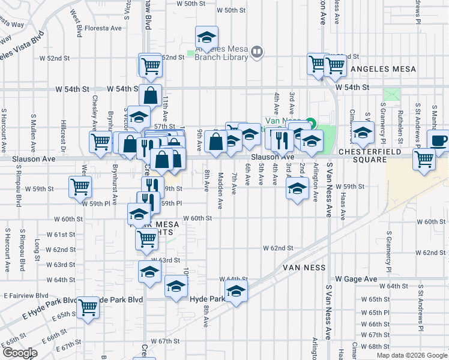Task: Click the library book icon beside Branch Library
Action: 257,52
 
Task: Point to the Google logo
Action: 19,353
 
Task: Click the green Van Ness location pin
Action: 310,124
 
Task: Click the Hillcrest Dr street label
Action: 62,132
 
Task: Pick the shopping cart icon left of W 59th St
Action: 80,186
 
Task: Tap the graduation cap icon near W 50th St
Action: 206,37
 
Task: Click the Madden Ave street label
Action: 220,191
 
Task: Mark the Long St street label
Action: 37,247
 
